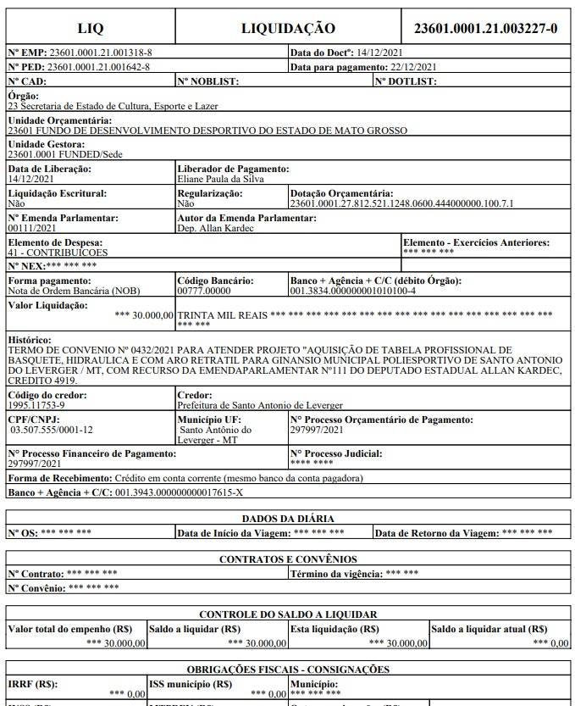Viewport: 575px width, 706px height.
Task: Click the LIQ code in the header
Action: tap(91, 28)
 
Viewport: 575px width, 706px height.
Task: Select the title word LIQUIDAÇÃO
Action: tap(288, 28)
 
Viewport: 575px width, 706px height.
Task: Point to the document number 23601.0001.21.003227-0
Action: tap(485, 28)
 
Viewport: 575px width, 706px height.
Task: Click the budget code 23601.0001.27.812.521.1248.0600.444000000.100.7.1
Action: tap(401, 204)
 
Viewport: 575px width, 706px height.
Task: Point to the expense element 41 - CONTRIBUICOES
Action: tap(58, 253)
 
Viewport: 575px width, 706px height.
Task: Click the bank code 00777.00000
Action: tap(204, 291)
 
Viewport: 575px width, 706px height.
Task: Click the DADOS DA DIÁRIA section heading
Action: tap(288, 519)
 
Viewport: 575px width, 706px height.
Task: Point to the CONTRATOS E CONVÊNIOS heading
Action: tap(288, 559)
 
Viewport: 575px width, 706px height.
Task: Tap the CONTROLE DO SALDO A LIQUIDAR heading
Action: tap(288, 614)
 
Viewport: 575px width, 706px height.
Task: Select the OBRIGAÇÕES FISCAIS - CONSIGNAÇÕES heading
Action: tap(288, 670)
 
